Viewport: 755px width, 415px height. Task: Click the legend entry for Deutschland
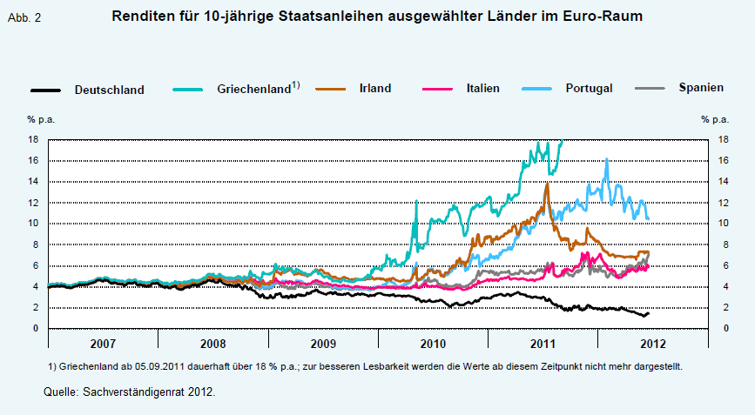109,89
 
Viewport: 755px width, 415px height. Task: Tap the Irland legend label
374,88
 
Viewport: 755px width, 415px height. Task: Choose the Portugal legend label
589,88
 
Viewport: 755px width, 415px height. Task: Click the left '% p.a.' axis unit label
40,119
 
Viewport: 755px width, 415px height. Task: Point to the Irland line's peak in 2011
546,184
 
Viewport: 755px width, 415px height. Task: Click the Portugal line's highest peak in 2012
606,159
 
